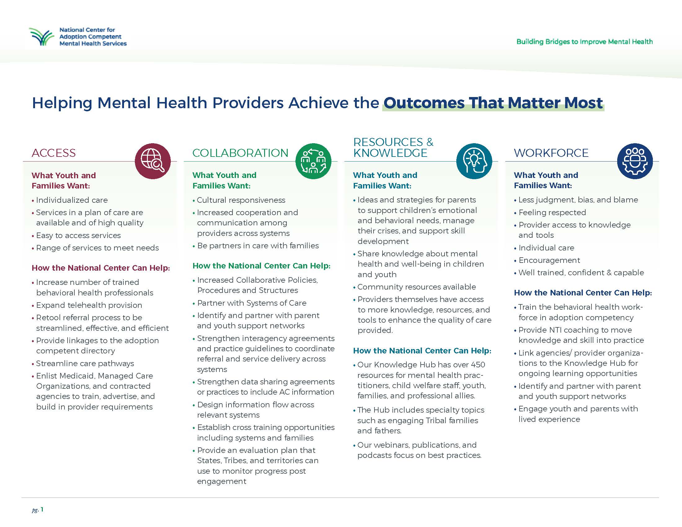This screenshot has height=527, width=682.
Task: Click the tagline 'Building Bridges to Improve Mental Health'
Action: click(x=584, y=42)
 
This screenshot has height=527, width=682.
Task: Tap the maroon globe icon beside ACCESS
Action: click(x=153, y=161)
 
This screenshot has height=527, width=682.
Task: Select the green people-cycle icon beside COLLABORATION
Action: click(x=313, y=161)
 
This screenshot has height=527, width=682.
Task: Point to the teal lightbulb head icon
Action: click(x=474, y=161)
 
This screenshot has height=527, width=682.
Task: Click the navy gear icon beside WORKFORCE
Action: click(x=635, y=161)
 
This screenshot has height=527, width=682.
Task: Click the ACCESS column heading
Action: click(x=54, y=153)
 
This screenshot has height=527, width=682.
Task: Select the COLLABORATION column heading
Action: click(x=240, y=153)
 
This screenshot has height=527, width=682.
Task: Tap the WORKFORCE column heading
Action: click(x=551, y=153)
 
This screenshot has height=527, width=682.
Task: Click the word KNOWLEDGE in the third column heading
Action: click(x=390, y=153)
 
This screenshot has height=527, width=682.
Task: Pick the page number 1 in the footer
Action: click(x=42, y=510)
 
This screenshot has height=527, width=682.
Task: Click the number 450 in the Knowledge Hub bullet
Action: click(x=478, y=365)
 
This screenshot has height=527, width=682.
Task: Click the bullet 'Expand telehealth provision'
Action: click(x=89, y=305)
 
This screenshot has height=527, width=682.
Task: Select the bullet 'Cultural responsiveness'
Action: click(x=241, y=200)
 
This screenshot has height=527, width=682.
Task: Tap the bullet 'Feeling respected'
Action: click(x=552, y=213)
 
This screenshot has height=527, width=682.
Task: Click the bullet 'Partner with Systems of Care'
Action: click(x=252, y=303)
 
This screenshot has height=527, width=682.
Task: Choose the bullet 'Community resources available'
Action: click(x=417, y=287)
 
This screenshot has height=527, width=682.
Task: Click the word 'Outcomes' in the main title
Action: click(x=424, y=103)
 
